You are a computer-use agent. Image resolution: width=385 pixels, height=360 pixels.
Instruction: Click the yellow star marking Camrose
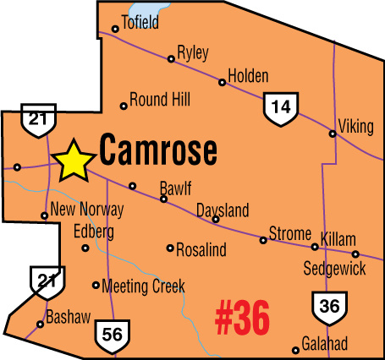coord(74,161)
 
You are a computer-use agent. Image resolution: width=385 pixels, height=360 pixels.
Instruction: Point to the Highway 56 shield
coord(111,334)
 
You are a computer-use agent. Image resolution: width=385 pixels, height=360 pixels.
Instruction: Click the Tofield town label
coord(140,22)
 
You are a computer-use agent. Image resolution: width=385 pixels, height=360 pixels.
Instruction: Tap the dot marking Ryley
coord(171,59)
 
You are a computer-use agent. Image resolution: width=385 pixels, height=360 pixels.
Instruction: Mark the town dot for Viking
coord(333,133)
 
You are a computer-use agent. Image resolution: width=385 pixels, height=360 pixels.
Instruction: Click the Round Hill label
coord(161,100)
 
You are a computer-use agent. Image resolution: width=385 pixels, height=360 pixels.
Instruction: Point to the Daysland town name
coord(223,209)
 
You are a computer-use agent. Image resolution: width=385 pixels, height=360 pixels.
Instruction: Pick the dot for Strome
coord(263,240)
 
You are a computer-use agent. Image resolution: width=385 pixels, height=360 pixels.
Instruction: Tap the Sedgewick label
coord(334,269)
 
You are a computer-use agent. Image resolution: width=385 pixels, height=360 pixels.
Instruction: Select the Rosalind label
coord(203,248)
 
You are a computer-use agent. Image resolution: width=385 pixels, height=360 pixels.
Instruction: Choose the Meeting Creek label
coord(143,286)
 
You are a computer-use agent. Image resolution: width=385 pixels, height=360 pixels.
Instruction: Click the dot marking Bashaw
coord(41,324)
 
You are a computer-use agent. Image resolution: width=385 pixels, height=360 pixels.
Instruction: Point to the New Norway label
coord(87,210)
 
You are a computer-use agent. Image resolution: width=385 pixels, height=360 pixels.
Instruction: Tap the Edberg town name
coord(94,231)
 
